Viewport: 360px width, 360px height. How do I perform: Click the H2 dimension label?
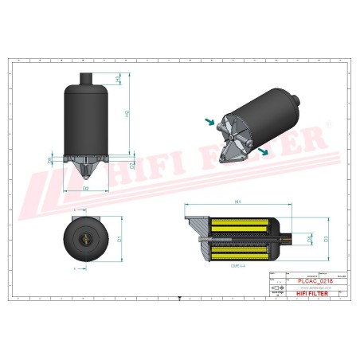[127, 114]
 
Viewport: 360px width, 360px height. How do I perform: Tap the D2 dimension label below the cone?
[86, 188]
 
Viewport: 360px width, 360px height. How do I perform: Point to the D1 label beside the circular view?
[120, 237]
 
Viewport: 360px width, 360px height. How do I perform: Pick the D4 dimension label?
[288, 238]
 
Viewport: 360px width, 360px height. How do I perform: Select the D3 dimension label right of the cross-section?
[303, 238]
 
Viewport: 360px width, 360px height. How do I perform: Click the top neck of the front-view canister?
[86, 77]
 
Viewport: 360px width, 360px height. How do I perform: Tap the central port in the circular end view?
[86, 237]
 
